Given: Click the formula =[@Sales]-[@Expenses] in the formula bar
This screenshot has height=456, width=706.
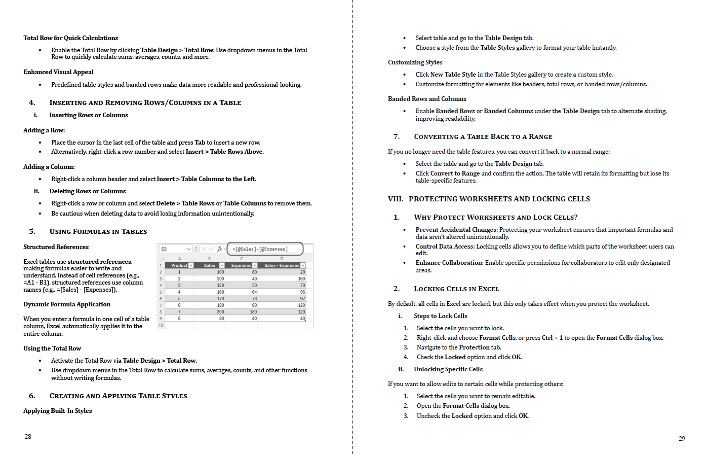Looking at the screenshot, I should tap(260, 249).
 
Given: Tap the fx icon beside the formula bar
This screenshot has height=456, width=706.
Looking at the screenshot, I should tap(220, 249).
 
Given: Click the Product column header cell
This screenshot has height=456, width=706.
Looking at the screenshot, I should tap(179, 265).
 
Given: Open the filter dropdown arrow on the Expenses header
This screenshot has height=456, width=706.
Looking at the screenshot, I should tap(255, 265).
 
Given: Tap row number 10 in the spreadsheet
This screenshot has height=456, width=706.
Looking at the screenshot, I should tap(161, 325).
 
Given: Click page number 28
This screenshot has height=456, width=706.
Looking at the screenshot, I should tap(28, 437).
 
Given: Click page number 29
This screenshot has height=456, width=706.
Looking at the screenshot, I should tap(682, 439).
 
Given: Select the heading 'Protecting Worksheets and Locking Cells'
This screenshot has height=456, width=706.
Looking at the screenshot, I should tap(499, 199).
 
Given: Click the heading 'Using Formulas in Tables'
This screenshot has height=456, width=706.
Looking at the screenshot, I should tap(98, 232).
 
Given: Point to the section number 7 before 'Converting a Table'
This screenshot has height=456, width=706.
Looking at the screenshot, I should tap(396, 137).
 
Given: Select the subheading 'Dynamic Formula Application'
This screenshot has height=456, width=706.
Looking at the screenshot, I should tap(67, 304).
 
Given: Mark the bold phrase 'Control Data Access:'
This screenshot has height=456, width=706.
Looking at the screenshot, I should tap(445, 247).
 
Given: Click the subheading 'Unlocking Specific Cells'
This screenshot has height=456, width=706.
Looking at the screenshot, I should tap(448, 369).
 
